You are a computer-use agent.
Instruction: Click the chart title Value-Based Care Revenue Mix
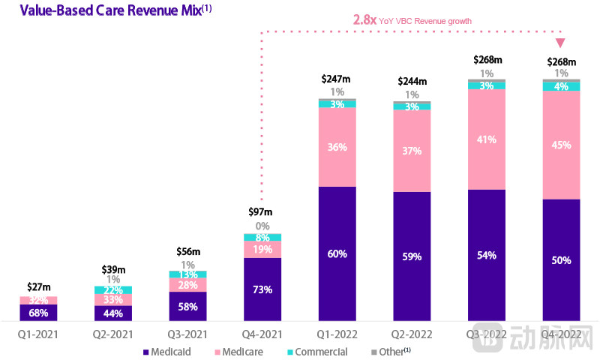click(x=85, y=10)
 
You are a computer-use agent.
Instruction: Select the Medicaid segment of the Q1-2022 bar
click(x=337, y=253)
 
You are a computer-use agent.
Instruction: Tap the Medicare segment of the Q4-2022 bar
click(x=562, y=145)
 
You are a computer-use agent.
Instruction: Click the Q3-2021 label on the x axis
click(x=187, y=332)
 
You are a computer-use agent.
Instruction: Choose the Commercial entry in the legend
click(x=319, y=352)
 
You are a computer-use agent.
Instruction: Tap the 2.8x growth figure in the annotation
click(x=366, y=20)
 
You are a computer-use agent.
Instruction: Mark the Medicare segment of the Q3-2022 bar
click(x=487, y=139)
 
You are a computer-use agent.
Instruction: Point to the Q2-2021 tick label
click(x=112, y=332)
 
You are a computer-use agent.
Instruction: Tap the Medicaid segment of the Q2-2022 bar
click(x=412, y=256)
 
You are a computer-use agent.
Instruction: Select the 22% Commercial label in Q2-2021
click(x=112, y=290)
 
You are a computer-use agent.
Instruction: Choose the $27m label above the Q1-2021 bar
click(x=38, y=286)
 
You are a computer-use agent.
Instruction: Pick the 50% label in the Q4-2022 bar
click(x=562, y=260)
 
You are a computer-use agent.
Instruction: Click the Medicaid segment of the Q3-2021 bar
click(x=187, y=307)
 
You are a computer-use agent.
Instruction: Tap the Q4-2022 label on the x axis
click(x=561, y=332)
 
